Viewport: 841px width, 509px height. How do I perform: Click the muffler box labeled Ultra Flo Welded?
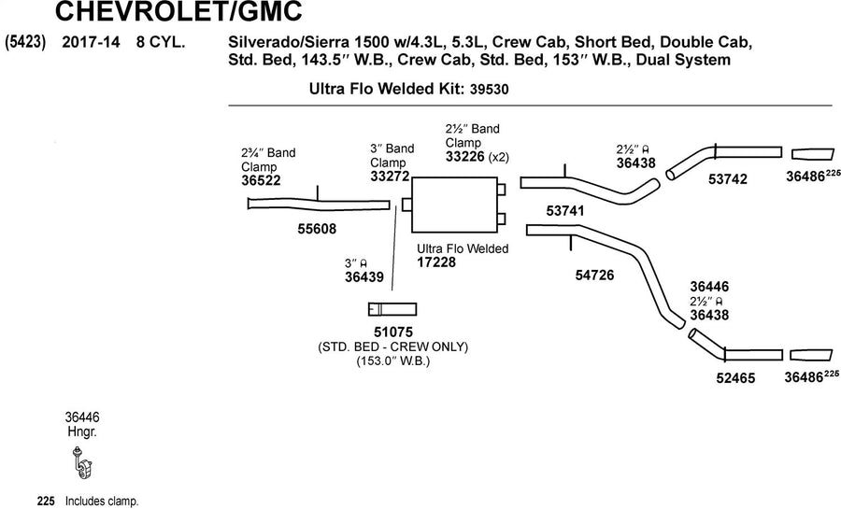(454, 205)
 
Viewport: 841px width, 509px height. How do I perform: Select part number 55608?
(317, 229)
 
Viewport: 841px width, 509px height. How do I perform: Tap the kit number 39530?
(489, 89)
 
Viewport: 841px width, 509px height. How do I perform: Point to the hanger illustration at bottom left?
(82, 462)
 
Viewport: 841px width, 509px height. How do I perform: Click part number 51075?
(393, 332)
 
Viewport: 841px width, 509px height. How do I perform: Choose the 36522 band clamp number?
(261, 180)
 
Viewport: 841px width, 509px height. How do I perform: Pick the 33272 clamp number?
(390, 176)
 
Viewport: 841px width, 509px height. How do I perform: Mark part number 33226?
(465, 157)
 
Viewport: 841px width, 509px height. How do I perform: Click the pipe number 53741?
(564, 211)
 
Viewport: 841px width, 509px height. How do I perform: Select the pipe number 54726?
(594, 276)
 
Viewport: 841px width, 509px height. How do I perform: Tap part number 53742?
(727, 179)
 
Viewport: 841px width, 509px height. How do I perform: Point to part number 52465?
(735, 378)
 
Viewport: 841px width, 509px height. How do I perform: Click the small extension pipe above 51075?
(392, 309)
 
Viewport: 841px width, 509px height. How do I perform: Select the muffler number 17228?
(436, 262)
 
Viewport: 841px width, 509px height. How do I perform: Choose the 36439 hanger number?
(364, 277)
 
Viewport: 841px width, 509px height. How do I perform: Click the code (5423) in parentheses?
(24, 42)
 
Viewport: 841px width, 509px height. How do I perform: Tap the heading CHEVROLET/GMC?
(178, 12)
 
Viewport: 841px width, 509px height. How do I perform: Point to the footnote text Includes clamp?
(102, 502)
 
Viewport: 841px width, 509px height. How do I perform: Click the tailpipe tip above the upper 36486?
(813, 154)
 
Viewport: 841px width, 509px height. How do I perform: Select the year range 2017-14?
(92, 42)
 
